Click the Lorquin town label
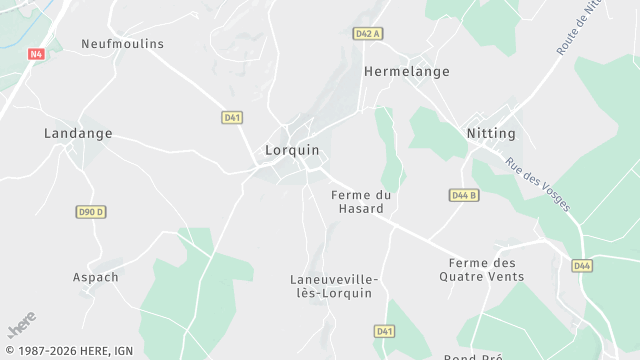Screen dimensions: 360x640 point(292,150)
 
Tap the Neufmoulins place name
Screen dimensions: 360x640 point(122,44)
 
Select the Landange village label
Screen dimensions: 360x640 point(78,133)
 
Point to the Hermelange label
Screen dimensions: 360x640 point(406,72)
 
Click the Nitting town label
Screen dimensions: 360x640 point(491,133)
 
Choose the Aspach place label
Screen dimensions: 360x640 point(96,277)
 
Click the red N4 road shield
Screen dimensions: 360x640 point(37,54)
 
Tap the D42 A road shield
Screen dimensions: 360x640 point(369,33)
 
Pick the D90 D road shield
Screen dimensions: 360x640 point(91,212)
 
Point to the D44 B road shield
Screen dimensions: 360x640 point(462,195)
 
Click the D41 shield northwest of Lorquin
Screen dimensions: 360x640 point(232,117)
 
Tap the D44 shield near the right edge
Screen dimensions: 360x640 point(582,265)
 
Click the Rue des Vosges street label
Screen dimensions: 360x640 point(538,185)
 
